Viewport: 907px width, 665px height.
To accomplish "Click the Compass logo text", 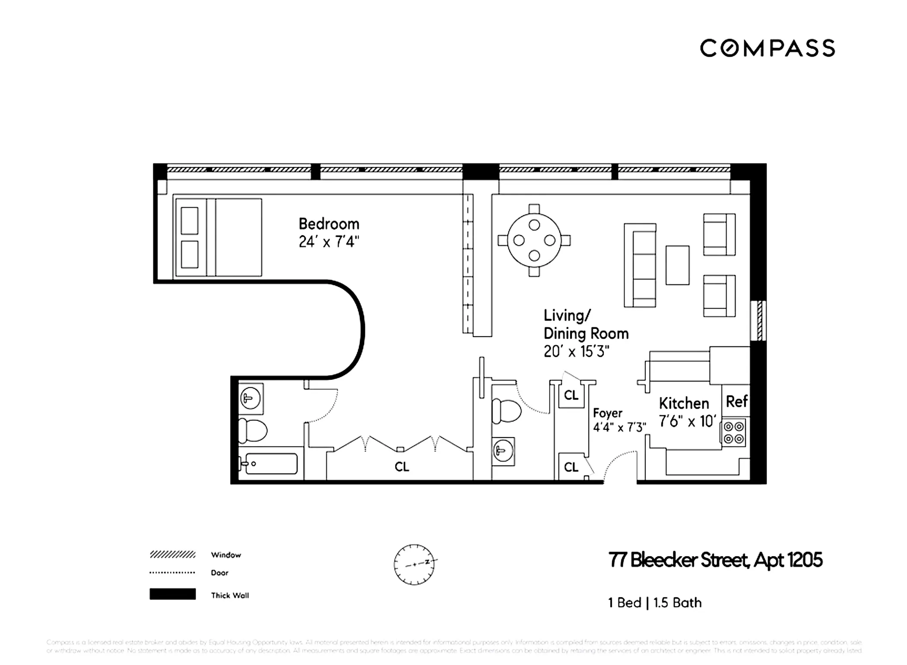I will (767, 48).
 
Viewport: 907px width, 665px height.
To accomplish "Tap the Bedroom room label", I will (329, 224).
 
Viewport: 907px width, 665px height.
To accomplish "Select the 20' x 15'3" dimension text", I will (576, 352).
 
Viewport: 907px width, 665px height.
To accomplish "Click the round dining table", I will (534, 240).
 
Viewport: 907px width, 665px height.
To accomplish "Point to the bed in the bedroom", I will (218, 237).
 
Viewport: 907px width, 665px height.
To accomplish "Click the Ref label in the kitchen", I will (736, 402).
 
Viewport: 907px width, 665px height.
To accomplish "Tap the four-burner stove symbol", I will (734, 433).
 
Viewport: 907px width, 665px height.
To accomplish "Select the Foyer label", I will (607, 413).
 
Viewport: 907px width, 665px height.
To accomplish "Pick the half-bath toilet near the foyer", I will (506, 411).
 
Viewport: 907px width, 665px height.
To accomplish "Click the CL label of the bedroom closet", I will (402, 466).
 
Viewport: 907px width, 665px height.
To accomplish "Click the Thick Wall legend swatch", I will (172, 594).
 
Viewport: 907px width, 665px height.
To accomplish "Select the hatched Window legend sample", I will (172, 555).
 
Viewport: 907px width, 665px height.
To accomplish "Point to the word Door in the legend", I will (219, 573).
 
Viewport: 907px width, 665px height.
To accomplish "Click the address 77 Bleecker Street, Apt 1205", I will (715, 560).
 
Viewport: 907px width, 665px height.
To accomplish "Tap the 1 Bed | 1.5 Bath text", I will (655, 602).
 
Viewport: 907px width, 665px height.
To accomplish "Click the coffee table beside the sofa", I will (677, 265).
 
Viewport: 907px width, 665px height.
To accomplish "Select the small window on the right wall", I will (758, 321).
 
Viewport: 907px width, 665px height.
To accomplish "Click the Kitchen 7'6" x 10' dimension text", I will (687, 421).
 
